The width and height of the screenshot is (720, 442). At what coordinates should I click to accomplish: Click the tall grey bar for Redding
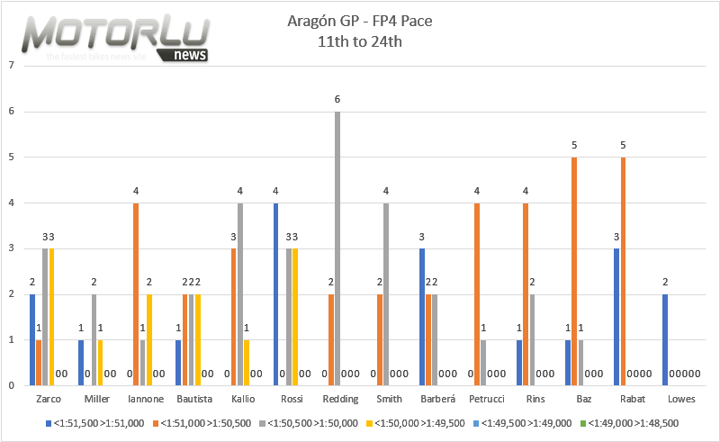(x=337, y=248)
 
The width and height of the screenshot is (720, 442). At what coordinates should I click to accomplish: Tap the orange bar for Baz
(x=573, y=271)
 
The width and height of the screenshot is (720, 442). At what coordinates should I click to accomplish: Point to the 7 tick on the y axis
(x=10, y=66)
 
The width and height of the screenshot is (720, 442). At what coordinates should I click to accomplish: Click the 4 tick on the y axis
(x=10, y=203)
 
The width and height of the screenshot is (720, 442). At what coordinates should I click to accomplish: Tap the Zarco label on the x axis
(x=49, y=398)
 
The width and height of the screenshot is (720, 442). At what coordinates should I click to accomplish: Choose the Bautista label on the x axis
(x=190, y=398)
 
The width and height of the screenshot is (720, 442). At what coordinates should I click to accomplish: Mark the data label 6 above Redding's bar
(x=337, y=100)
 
